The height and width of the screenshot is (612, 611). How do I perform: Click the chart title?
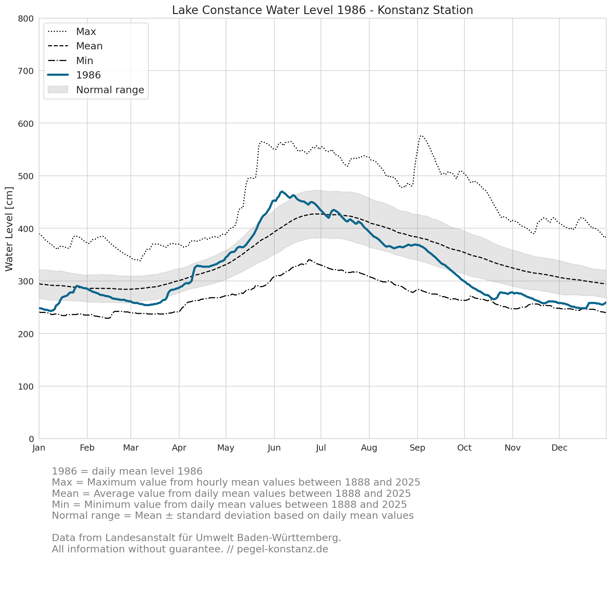(x=322, y=10)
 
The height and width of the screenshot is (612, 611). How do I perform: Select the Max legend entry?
(x=72, y=32)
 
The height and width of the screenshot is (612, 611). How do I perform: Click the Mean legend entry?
(x=75, y=46)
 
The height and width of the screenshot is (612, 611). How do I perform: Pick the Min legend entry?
(x=70, y=61)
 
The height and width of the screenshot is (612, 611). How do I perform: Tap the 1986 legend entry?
(x=74, y=75)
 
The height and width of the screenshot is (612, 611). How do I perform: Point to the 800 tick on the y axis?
(x=26, y=19)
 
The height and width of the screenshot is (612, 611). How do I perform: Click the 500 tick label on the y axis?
(x=26, y=176)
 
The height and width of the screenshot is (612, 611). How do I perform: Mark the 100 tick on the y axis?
(x=26, y=387)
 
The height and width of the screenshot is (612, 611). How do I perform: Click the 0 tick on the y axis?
(x=32, y=439)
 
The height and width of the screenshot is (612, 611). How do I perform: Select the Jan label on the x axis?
(x=39, y=448)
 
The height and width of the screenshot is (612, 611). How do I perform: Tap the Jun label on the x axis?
(x=274, y=448)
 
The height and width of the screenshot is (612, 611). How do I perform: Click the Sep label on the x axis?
(x=417, y=448)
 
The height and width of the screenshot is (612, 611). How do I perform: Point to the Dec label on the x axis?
(x=559, y=448)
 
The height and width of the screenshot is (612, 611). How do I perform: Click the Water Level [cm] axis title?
(x=9, y=229)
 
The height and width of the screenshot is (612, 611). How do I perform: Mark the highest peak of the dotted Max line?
(x=421, y=136)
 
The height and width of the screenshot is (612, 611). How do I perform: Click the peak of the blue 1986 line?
(x=282, y=192)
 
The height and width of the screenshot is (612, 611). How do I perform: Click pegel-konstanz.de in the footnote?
(x=283, y=549)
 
